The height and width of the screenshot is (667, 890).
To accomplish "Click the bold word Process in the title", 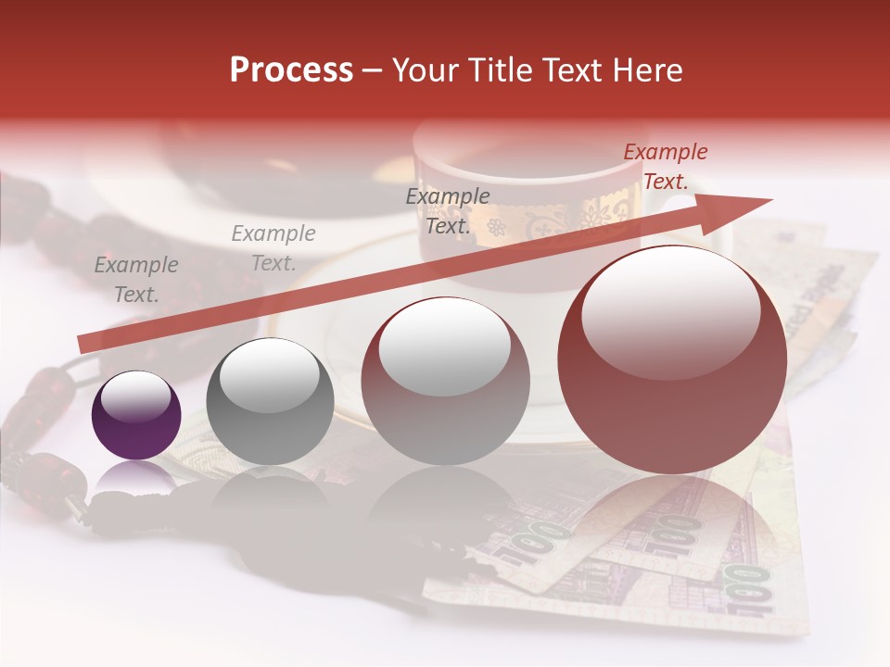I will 291,70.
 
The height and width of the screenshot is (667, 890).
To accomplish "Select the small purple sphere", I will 136,415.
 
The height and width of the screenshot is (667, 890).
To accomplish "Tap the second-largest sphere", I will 446,380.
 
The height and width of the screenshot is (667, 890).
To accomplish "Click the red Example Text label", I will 665,167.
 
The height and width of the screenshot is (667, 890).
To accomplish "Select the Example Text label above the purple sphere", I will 136,280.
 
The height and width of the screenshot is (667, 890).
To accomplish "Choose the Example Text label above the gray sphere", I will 273,248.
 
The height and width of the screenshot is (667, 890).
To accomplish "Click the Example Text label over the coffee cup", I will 448,210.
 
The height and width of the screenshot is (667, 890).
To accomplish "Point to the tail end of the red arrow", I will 83,344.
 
